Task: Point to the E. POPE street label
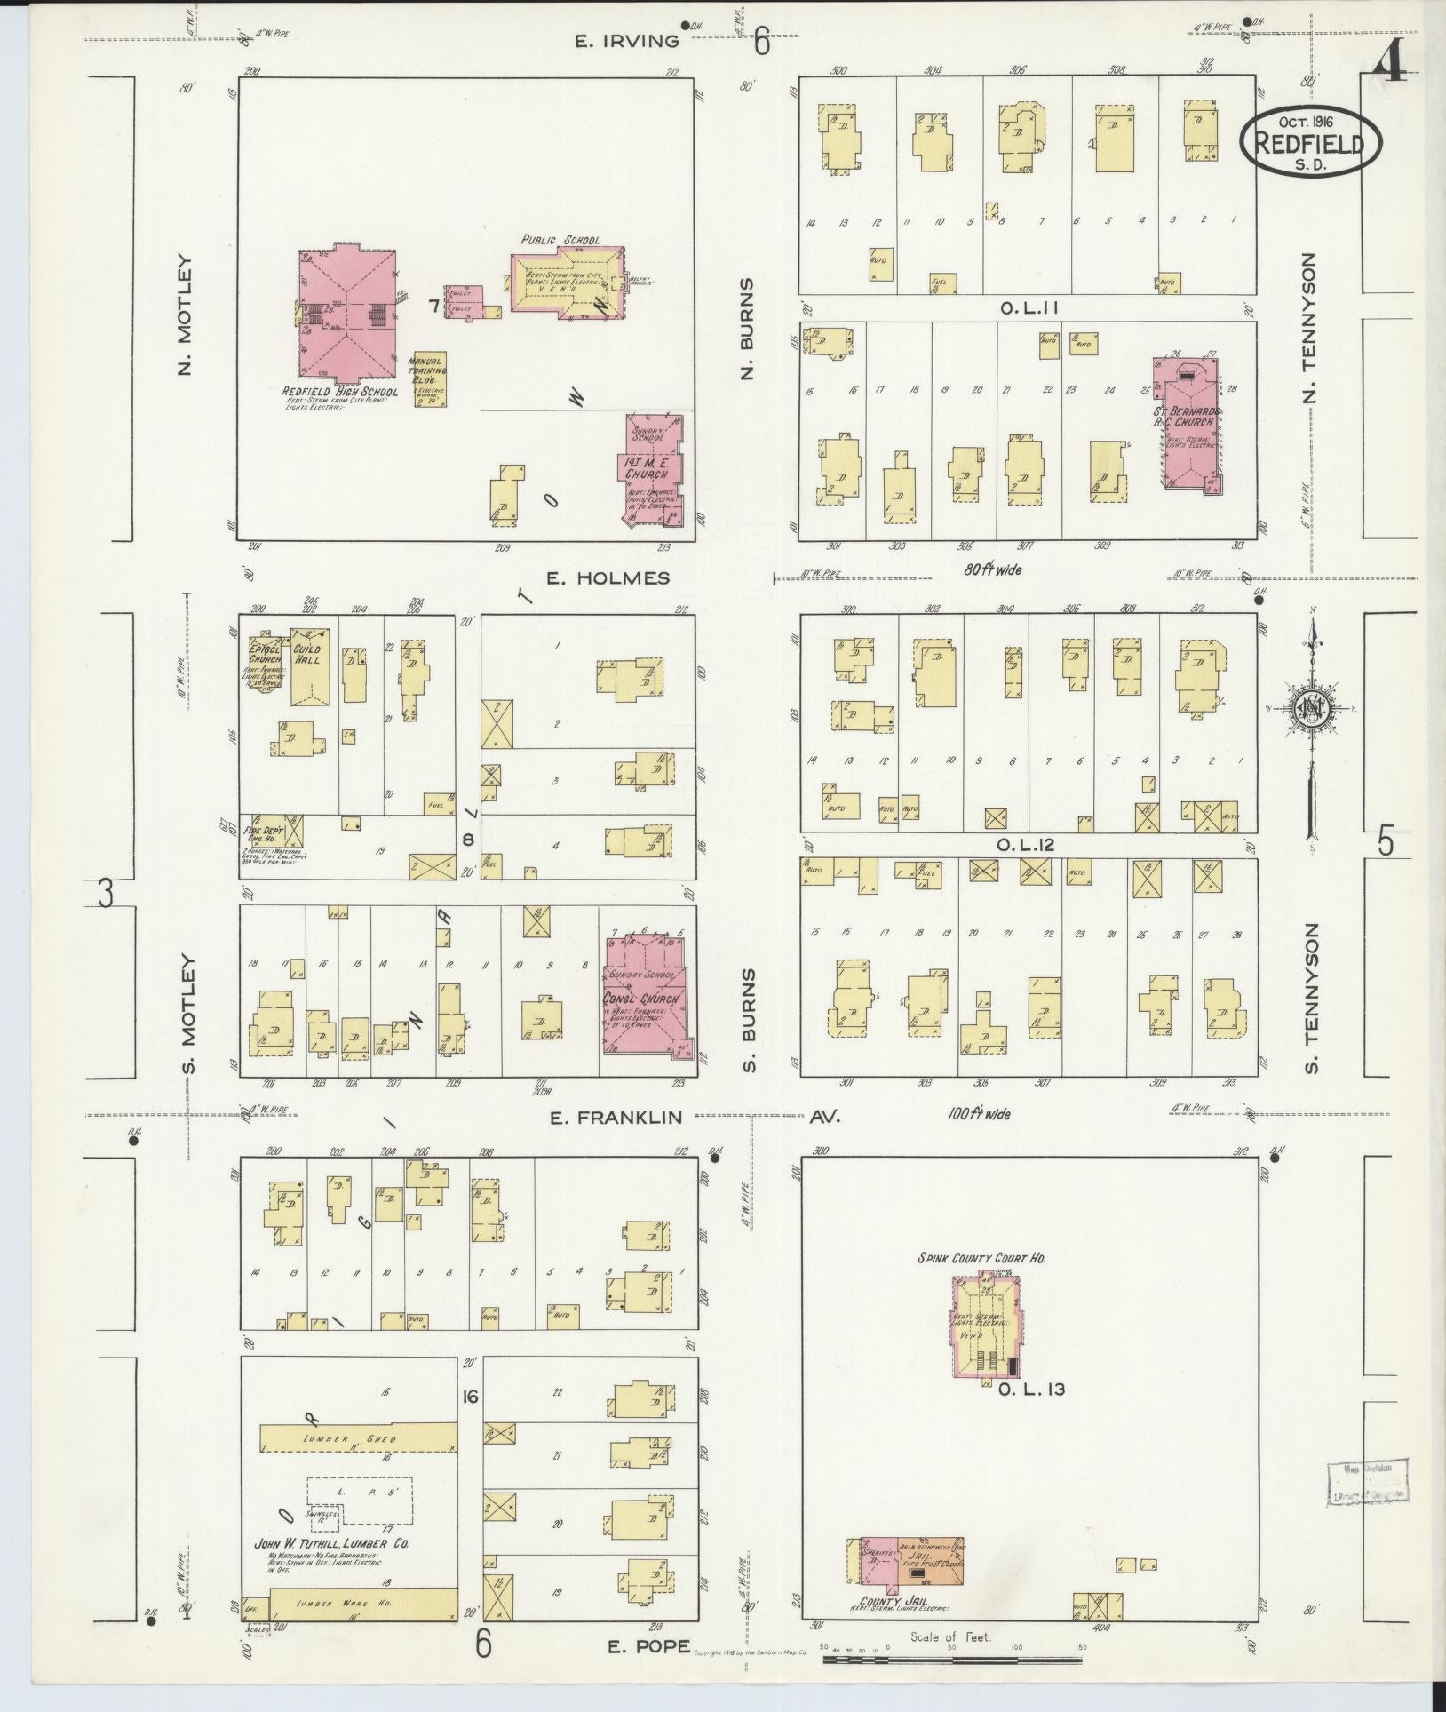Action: coord(648,1646)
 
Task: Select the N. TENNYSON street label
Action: coord(1309,326)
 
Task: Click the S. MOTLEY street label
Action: coord(187,1013)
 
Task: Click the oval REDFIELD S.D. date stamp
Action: coord(1311,141)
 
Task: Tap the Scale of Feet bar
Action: coord(951,1658)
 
